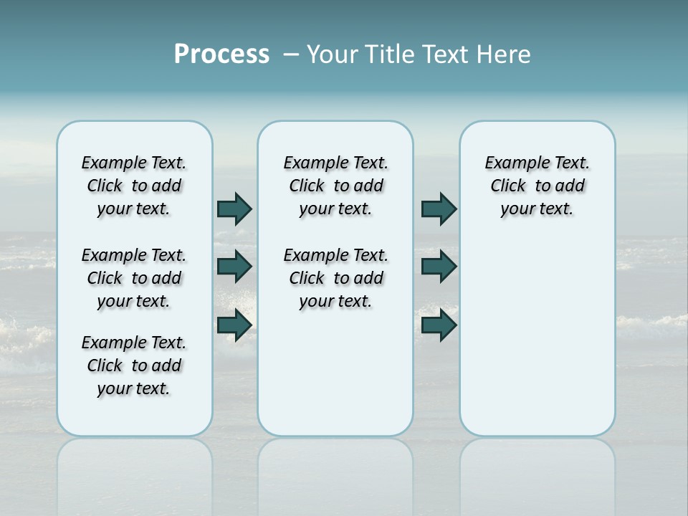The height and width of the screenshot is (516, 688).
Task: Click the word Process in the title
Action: click(x=221, y=54)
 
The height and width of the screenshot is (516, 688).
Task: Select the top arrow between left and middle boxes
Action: click(x=234, y=209)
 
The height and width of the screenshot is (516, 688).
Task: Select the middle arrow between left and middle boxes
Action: click(x=234, y=267)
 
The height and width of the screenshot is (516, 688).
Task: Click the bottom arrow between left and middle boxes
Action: click(x=234, y=325)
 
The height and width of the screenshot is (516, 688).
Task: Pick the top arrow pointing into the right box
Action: click(x=439, y=209)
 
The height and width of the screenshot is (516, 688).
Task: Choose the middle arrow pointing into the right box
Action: click(x=439, y=267)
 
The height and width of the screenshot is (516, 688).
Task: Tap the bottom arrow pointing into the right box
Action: click(x=439, y=325)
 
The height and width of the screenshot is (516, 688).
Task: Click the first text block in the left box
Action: click(x=134, y=186)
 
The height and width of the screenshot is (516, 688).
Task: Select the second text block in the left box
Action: click(x=134, y=278)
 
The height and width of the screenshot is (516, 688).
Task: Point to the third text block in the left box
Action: click(x=134, y=365)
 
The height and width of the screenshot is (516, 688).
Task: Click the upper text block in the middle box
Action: click(x=335, y=186)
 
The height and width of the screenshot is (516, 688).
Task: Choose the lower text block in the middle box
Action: click(x=335, y=278)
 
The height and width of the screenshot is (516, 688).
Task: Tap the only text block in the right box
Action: click(x=537, y=186)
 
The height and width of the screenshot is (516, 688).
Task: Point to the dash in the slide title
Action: click(x=291, y=54)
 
